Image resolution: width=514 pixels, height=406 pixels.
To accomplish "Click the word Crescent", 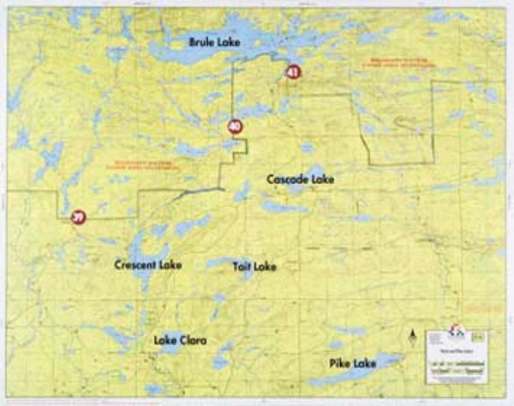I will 135,265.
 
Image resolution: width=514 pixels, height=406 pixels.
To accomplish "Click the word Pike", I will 341,364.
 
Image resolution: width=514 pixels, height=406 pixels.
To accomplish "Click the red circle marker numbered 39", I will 79,217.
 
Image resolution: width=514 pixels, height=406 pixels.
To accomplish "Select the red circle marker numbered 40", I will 235,127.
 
